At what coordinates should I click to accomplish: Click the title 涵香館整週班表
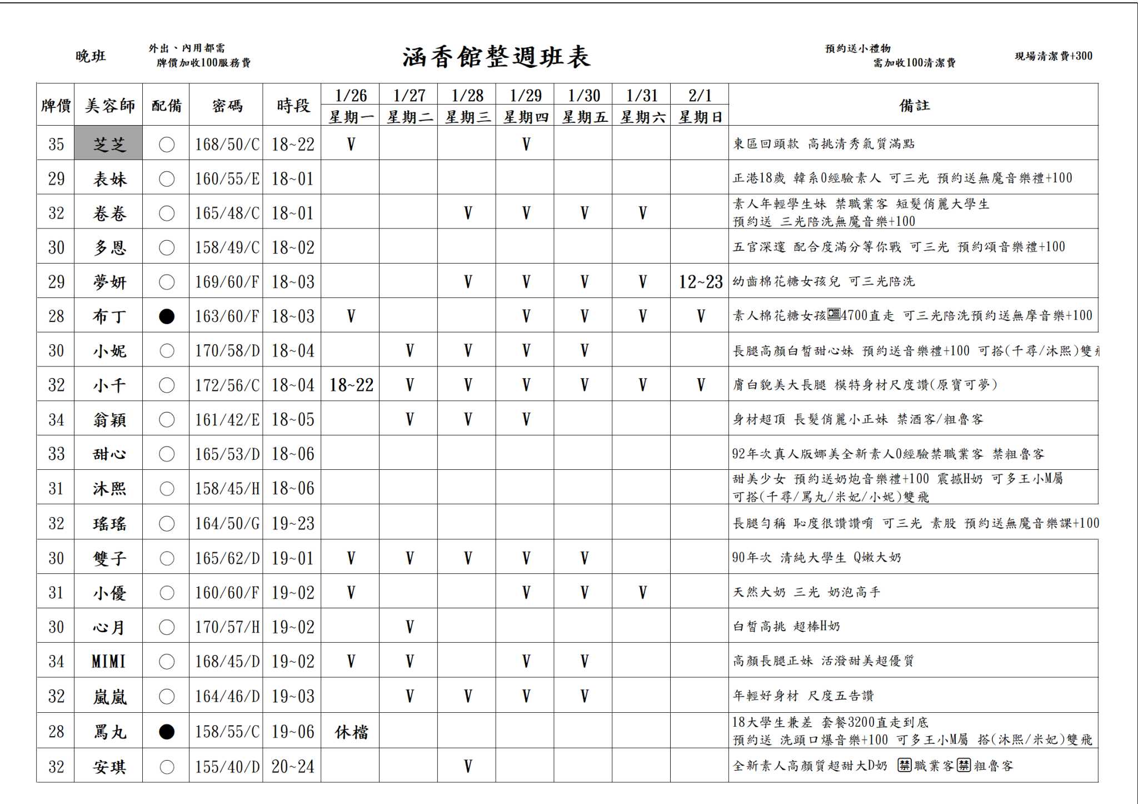click(x=496, y=57)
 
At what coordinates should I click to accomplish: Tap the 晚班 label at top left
click(x=91, y=56)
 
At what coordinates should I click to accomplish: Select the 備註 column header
click(x=914, y=105)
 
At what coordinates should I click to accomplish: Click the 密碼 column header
click(x=227, y=105)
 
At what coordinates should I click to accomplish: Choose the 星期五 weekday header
click(x=584, y=117)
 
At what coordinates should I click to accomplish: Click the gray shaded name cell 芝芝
click(x=109, y=144)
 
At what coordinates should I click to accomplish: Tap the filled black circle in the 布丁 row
click(x=167, y=316)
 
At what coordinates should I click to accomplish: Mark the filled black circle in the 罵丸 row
click(x=167, y=732)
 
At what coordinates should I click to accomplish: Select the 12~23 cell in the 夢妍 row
click(x=700, y=282)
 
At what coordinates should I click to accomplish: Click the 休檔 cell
click(x=351, y=732)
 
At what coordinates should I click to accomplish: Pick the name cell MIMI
click(x=109, y=661)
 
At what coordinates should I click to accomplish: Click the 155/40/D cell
click(x=227, y=767)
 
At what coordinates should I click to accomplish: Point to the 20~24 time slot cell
click(x=292, y=767)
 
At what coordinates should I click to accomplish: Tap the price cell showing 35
click(x=56, y=144)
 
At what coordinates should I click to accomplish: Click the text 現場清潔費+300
click(x=1053, y=56)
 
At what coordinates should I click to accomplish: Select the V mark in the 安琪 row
click(x=467, y=767)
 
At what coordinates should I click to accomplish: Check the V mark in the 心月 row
click(x=409, y=627)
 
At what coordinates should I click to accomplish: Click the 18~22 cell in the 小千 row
click(x=351, y=385)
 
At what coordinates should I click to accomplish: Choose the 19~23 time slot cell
click(x=292, y=523)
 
